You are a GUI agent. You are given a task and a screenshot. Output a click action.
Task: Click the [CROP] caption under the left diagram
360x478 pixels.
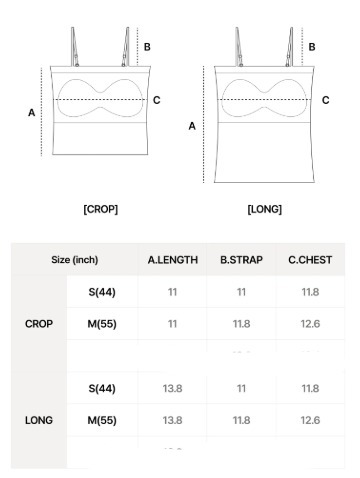[100, 209]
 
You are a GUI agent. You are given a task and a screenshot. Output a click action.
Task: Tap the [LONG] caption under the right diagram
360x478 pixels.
[264, 209]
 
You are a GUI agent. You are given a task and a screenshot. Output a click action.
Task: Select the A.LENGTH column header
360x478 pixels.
[172, 260]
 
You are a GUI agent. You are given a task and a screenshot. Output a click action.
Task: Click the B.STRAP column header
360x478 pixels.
[241, 260]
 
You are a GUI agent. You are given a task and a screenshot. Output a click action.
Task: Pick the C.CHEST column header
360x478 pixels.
[310, 260]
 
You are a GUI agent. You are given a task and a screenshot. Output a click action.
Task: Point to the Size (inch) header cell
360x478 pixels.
[75, 260]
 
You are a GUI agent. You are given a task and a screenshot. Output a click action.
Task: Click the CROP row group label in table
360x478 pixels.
[39, 324]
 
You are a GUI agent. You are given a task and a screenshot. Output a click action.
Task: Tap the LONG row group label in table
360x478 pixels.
[39, 420]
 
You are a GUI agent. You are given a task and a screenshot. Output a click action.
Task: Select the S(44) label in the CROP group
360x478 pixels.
[101, 292]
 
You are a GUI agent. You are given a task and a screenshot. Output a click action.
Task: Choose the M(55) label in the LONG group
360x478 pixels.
[101, 420]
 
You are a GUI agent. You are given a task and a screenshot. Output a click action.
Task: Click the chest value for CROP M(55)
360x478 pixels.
[310, 324]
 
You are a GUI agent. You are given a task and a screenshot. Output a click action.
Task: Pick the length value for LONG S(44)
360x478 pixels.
[172, 388]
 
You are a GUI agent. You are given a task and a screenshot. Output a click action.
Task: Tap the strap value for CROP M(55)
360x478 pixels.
[241, 324]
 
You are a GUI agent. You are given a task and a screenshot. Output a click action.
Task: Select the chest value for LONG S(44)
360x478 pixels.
[310, 388]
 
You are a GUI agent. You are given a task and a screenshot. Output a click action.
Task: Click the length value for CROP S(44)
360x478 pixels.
[172, 292]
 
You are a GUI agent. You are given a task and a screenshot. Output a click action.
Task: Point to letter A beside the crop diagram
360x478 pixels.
[32, 113]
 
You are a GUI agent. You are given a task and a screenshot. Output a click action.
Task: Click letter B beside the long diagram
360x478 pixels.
[312, 46]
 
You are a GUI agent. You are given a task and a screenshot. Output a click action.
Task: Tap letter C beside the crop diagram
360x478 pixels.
[156, 100]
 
